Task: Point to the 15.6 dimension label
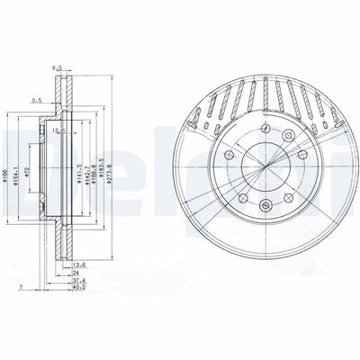click(58, 133)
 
